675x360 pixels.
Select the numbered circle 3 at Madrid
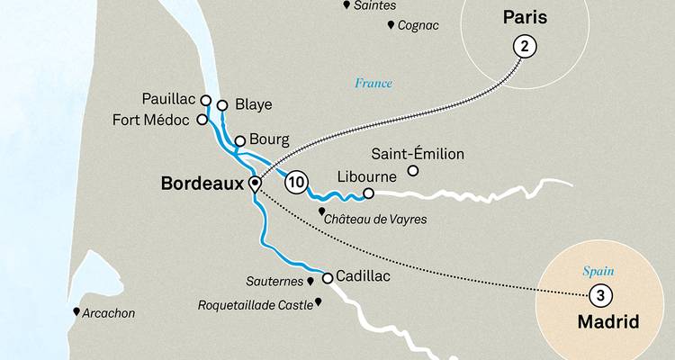599,294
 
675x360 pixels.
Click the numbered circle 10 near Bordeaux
295,183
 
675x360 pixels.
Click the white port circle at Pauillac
206,101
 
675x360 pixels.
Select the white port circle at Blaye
222,104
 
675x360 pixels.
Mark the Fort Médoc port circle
202,119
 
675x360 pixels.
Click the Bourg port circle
240,140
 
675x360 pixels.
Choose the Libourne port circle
368,193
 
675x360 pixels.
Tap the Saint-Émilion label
418,154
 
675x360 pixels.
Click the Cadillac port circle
328,277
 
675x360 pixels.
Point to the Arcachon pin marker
76,312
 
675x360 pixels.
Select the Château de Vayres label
378,219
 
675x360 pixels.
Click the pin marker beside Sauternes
310,282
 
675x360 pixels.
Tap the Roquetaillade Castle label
254,305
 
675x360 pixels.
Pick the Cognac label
418,25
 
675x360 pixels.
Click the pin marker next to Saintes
347,5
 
